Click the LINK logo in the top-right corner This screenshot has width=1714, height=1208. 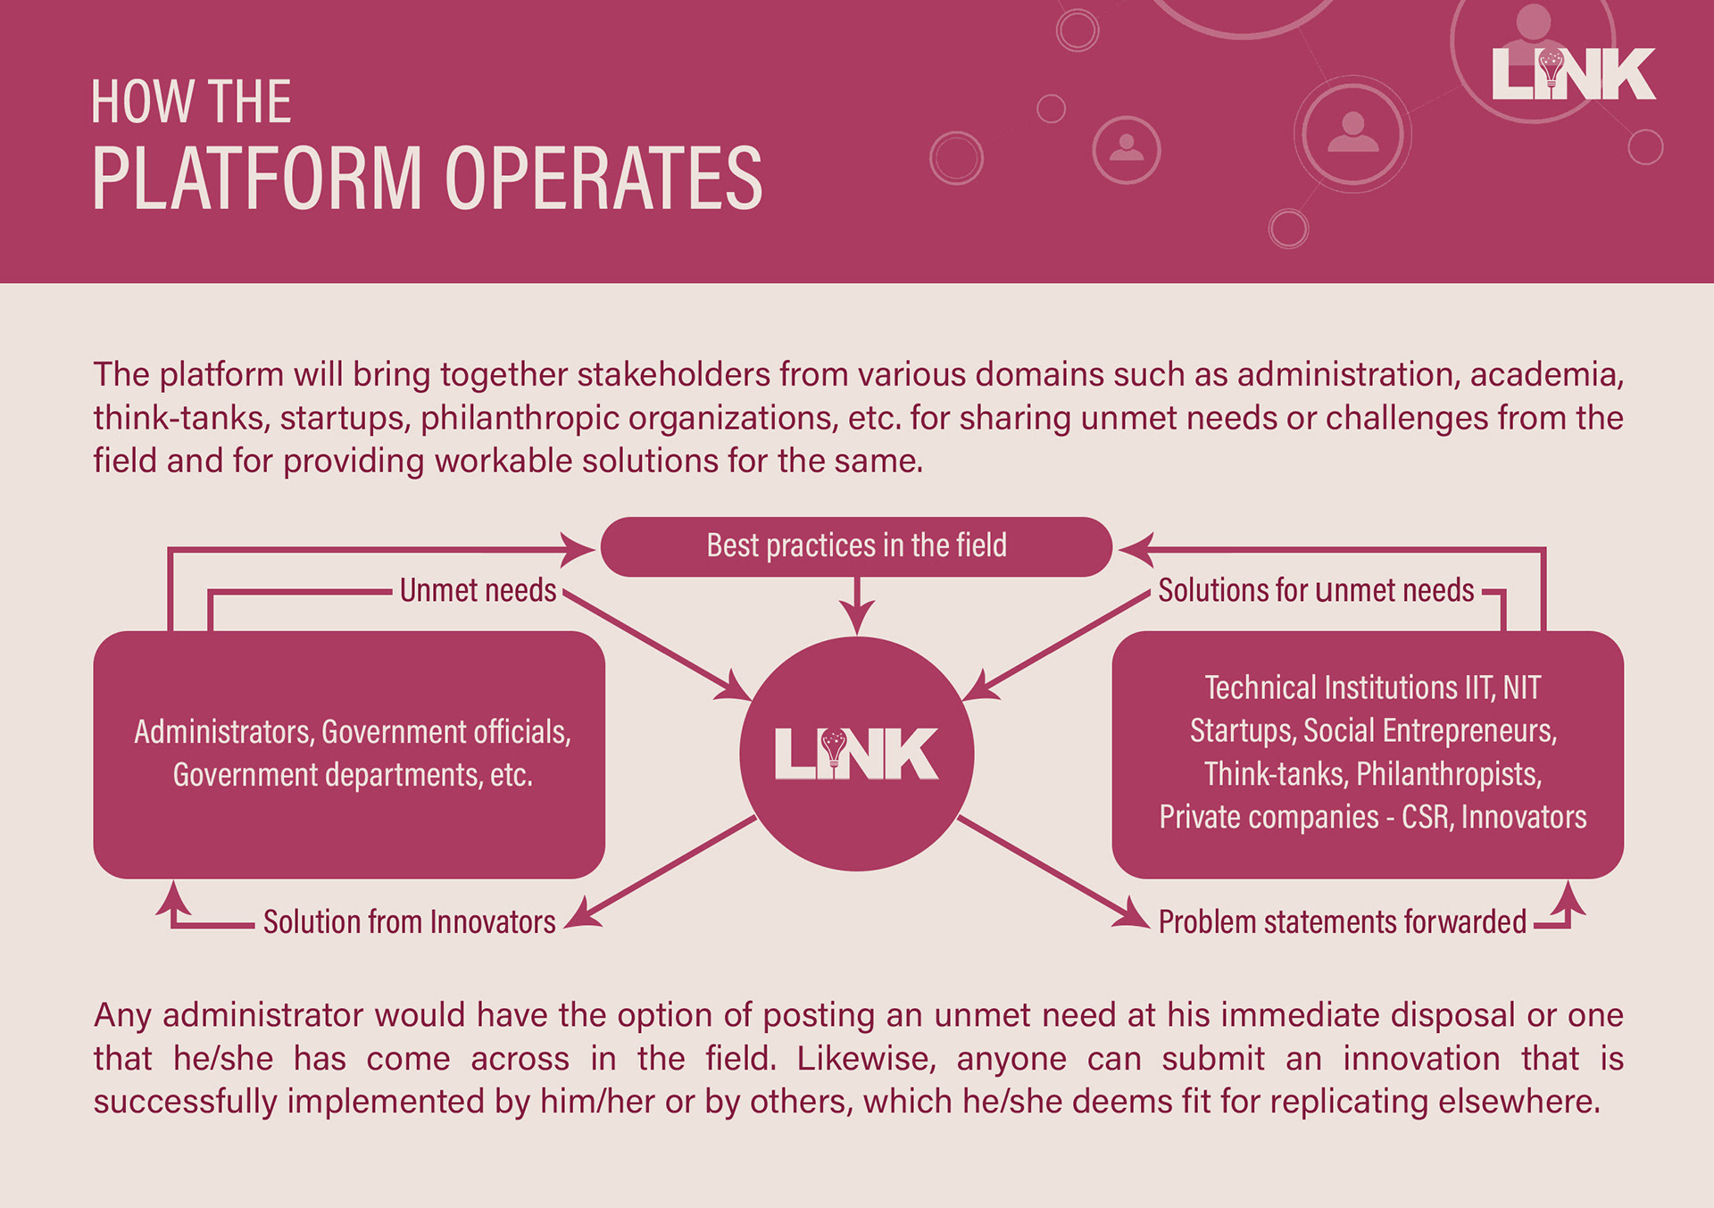[1573, 74]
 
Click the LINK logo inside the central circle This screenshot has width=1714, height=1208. [856, 754]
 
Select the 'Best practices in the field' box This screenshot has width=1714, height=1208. [856, 546]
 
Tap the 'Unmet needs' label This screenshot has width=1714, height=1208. [478, 591]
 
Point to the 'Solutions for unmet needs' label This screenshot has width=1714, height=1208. [1315, 591]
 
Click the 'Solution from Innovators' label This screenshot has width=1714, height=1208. [409, 922]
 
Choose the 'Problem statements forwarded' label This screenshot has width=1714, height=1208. [1342, 922]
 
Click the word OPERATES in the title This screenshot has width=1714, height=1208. [603, 179]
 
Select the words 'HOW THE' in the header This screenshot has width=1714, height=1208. [191, 102]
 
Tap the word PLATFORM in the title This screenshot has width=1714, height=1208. [257, 179]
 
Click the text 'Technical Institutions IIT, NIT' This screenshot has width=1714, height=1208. [1372, 687]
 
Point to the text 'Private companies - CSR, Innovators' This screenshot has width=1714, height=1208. [1372, 817]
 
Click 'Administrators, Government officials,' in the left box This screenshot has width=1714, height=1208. [352, 732]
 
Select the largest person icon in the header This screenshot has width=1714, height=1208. [1353, 134]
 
